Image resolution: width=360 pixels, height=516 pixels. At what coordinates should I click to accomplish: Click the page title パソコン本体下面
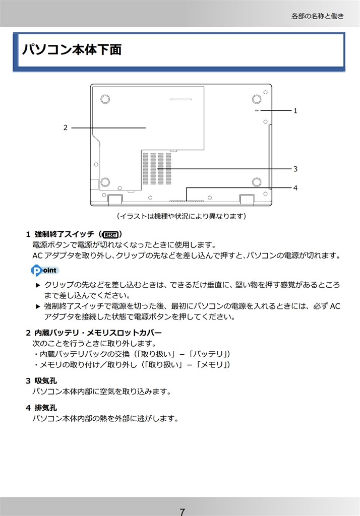tap(72, 49)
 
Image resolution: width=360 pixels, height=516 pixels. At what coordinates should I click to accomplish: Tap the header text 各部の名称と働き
tap(318, 16)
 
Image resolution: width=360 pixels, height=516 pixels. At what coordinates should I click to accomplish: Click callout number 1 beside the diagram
tap(295, 110)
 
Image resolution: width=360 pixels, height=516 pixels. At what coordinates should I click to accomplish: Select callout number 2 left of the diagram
tap(65, 127)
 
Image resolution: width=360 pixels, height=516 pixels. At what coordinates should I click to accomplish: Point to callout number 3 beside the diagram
tap(295, 169)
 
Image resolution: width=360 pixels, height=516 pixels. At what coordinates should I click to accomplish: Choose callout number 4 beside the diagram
tap(295, 188)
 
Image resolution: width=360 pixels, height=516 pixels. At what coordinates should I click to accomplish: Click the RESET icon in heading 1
tap(110, 235)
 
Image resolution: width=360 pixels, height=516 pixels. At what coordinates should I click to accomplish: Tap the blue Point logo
tap(45, 270)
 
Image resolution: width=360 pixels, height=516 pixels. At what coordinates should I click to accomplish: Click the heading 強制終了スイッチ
tap(64, 234)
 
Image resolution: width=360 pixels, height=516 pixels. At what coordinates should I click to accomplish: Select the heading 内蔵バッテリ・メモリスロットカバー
tap(98, 333)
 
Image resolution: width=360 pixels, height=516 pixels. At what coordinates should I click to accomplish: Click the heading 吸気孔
tap(45, 381)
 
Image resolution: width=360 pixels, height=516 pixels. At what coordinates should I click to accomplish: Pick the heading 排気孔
tap(45, 408)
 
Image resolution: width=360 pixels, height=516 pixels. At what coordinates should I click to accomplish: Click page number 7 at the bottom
tap(182, 512)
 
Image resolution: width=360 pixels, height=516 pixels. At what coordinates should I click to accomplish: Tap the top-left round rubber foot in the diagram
tap(105, 99)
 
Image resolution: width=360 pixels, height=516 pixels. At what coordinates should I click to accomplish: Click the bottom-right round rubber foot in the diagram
tap(257, 181)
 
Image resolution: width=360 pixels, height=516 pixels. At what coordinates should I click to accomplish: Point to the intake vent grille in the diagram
tap(157, 168)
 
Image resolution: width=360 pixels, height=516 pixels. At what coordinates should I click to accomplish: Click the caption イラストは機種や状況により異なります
tap(182, 216)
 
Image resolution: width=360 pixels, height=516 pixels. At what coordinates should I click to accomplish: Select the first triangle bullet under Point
tap(38, 285)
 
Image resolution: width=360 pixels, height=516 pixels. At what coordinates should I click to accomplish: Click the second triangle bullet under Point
tap(38, 306)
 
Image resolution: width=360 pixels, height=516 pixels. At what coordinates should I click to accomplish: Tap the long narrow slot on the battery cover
tap(181, 99)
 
